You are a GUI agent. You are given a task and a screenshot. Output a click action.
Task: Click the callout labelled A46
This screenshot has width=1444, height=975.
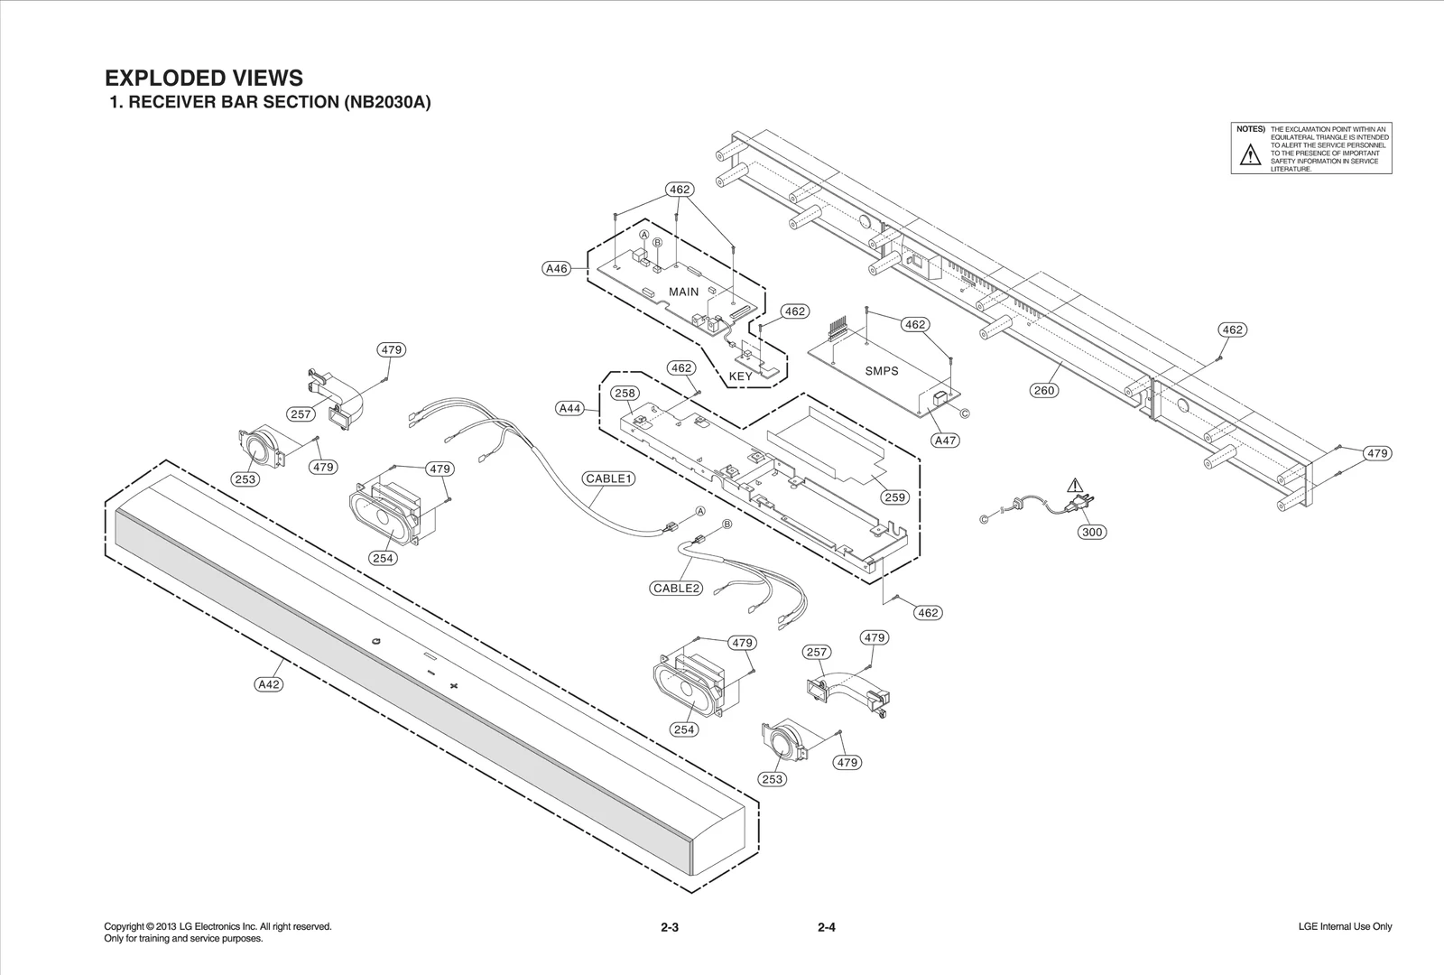pos(557,268)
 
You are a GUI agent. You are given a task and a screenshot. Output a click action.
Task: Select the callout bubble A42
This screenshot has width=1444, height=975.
pos(269,684)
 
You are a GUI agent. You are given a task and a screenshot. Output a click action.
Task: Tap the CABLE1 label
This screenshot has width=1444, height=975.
pos(608,478)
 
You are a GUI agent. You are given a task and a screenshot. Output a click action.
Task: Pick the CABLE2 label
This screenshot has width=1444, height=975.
pos(677,589)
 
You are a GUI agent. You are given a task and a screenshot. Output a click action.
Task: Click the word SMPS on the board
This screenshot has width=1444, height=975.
pos(882,371)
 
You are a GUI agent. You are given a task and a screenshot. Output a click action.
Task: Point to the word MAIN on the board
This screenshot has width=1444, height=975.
pos(683,292)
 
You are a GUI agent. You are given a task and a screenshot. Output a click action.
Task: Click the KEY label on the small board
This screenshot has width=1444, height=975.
pos(740,376)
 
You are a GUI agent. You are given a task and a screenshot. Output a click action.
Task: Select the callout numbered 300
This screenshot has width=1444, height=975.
pos(1092,532)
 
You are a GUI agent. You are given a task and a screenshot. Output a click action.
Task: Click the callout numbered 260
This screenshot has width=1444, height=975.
pos(1043,390)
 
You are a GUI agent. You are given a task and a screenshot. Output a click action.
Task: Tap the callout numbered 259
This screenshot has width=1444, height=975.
pos(894,497)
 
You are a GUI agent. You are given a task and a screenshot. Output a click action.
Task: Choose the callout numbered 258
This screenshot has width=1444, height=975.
pos(625,393)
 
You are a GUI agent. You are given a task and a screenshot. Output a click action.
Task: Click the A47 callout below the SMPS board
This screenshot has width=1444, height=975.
pos(945,441)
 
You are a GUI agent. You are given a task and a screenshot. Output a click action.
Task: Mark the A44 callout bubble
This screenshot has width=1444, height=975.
pos(569,409)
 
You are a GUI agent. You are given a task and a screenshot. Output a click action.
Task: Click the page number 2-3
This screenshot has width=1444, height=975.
pos(669,927)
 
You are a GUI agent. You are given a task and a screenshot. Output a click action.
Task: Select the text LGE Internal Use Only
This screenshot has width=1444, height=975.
pos(1345,926)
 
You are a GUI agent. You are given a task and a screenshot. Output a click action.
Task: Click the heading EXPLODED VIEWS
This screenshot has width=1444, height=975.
pos(204,79)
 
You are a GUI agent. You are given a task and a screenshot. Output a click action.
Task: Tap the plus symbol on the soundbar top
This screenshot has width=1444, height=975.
pos(454,686)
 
